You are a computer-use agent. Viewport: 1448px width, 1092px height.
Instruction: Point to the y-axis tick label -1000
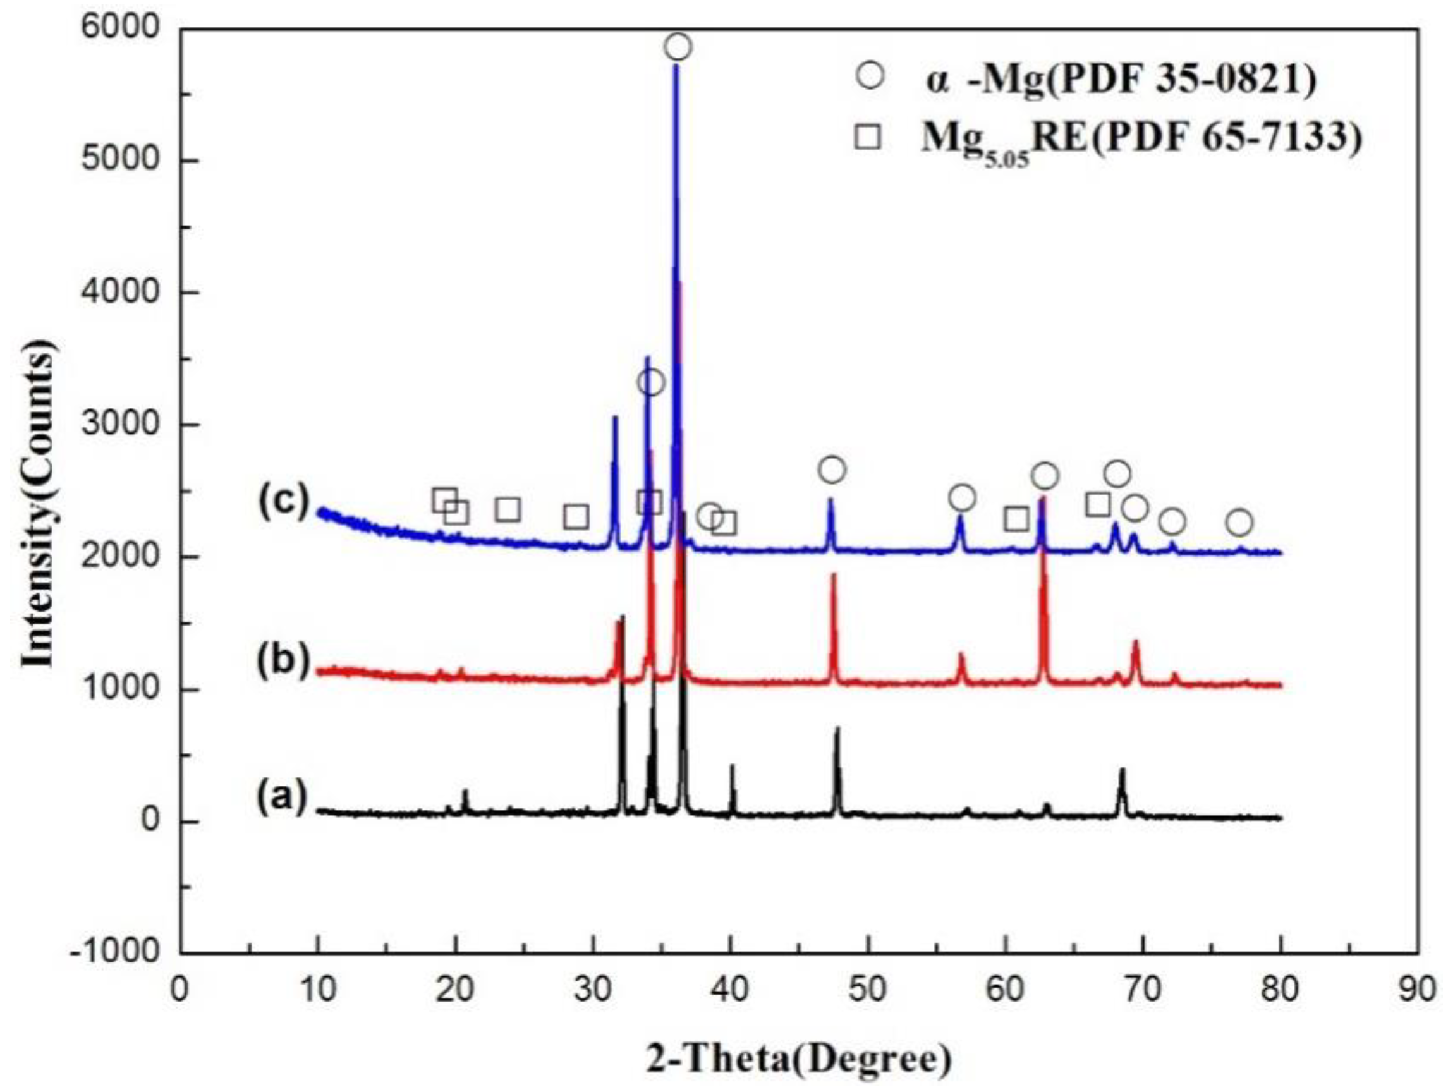(114, 950)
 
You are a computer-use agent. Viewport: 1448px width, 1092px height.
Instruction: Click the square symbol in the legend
(868, 137)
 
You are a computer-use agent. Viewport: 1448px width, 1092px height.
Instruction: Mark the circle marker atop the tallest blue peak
(678, 47)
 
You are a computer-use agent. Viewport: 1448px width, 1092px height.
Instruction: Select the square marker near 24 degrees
(509, 509)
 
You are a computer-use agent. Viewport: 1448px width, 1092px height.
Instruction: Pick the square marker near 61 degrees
(1016, 520)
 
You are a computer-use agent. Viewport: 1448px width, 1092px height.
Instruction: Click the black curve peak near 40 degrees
(732, 767)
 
